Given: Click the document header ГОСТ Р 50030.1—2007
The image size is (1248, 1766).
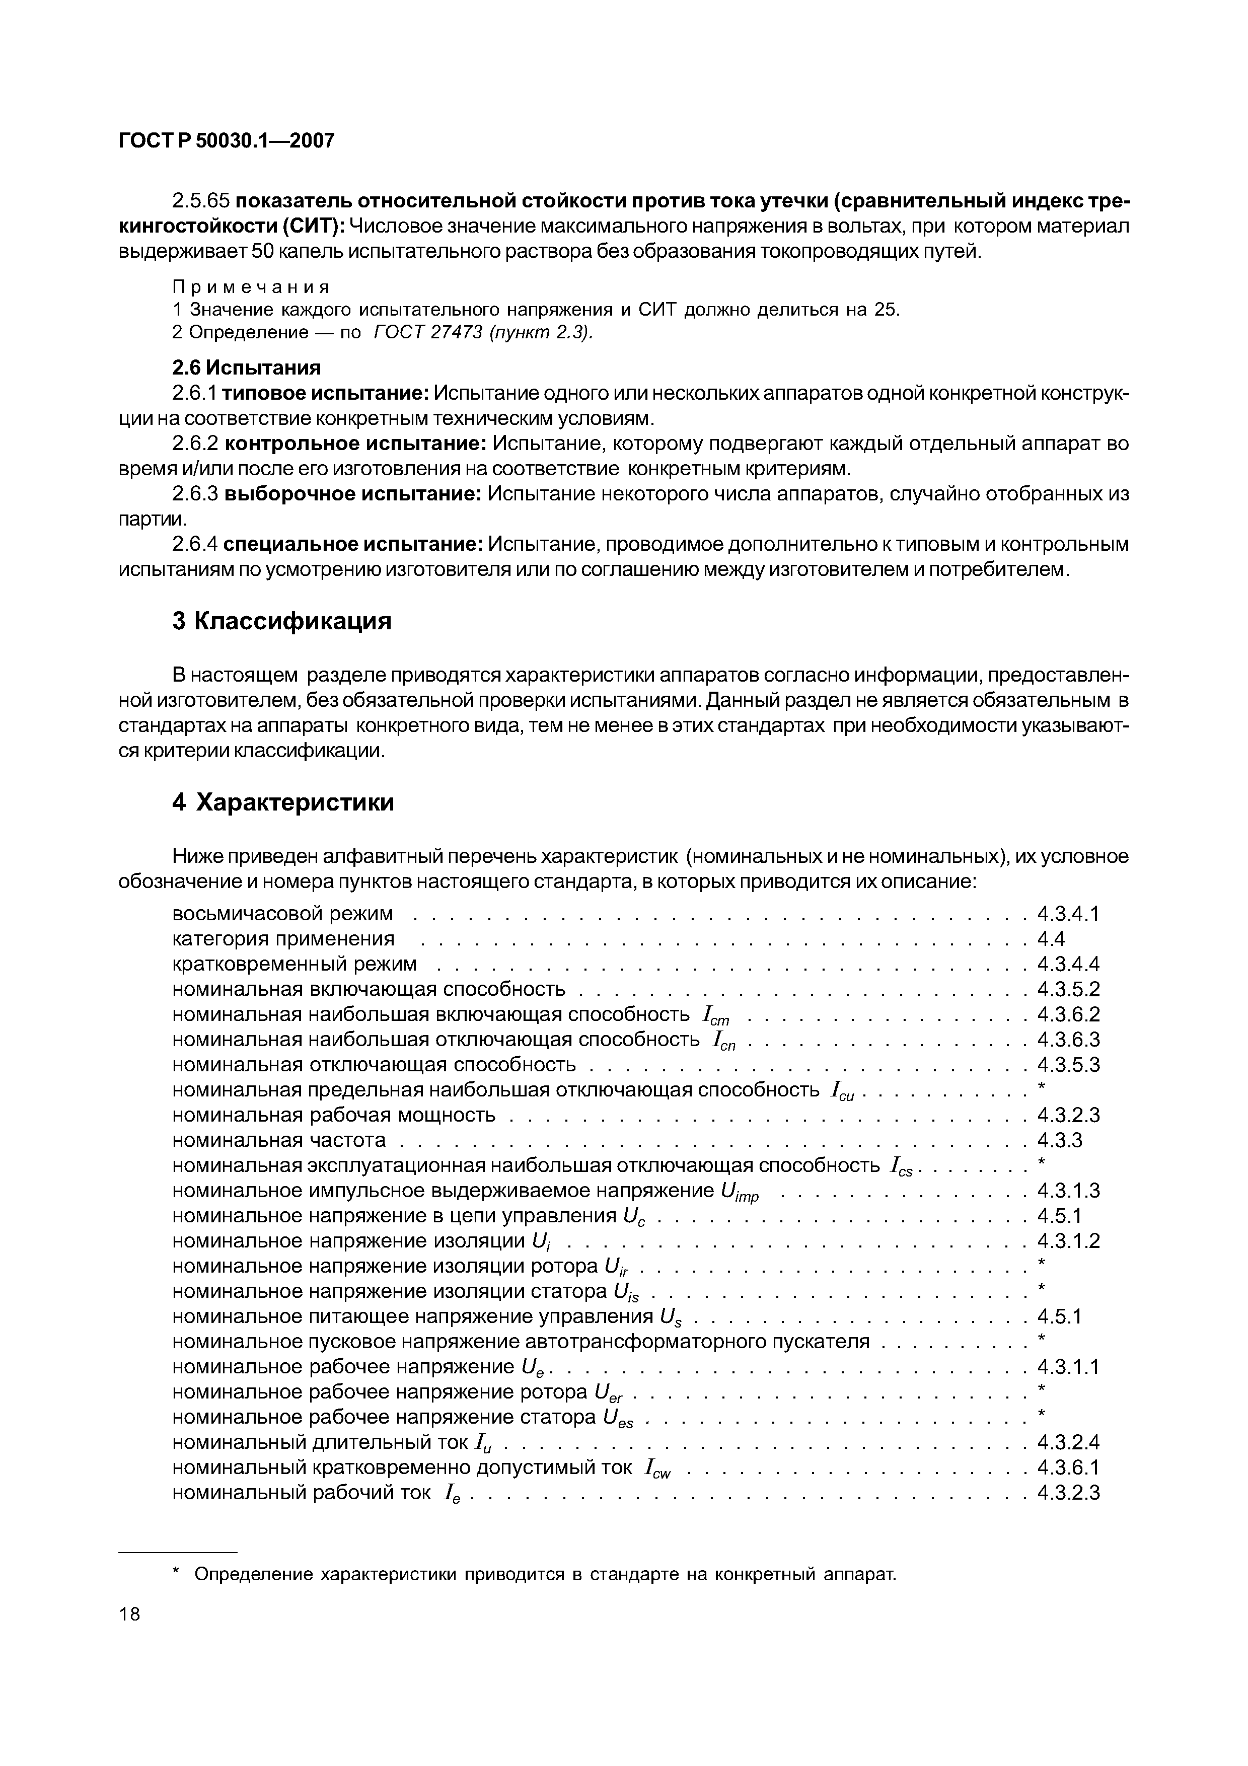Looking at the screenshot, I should click(227, 141).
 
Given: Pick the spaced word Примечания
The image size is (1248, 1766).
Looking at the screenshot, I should click(251, 287).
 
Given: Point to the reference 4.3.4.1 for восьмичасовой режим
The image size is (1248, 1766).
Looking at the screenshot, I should click(1068, 914).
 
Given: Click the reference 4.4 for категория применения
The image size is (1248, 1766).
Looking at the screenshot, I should click(1050, 939).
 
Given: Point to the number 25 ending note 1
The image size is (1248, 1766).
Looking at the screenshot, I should click(885, 310).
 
